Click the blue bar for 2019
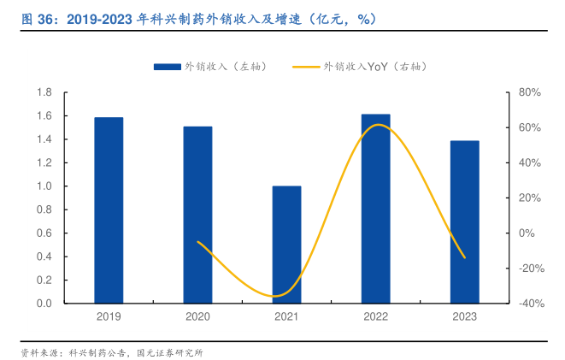point(109,210)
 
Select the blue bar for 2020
point(197,215)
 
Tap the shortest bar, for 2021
point(286,245)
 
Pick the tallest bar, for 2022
point(375,209)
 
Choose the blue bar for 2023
point(464,221)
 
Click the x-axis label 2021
point(286,317)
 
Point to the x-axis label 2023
point(464,317)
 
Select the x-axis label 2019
point(109,317)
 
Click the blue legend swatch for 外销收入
point(167,67)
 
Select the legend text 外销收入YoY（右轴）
point(375,67)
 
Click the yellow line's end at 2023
point(464,257)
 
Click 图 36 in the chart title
point(32,17)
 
